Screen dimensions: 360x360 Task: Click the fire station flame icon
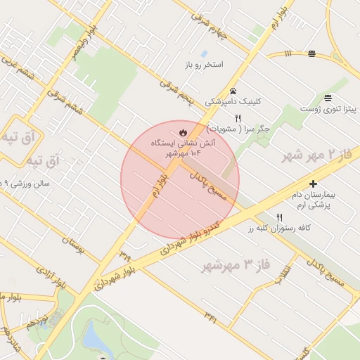click(183, 131)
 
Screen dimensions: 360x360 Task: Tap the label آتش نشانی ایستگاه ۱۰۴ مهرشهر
click(183, 147)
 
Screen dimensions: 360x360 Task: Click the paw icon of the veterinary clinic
click(233, 91)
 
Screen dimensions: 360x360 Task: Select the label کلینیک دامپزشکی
click(233, 101)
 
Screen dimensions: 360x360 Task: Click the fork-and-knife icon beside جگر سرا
click(238, 118)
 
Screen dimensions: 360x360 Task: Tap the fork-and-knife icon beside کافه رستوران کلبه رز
click(280, 217)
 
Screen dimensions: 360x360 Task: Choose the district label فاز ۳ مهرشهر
click(227, 265)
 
